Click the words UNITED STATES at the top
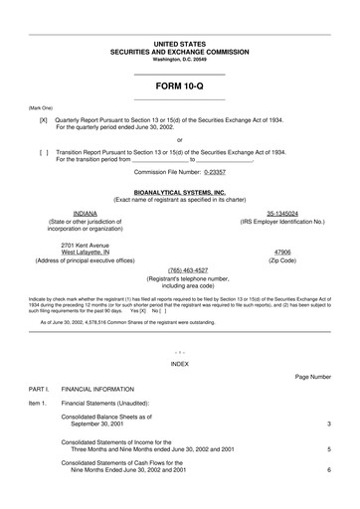180,45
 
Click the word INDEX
179,364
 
